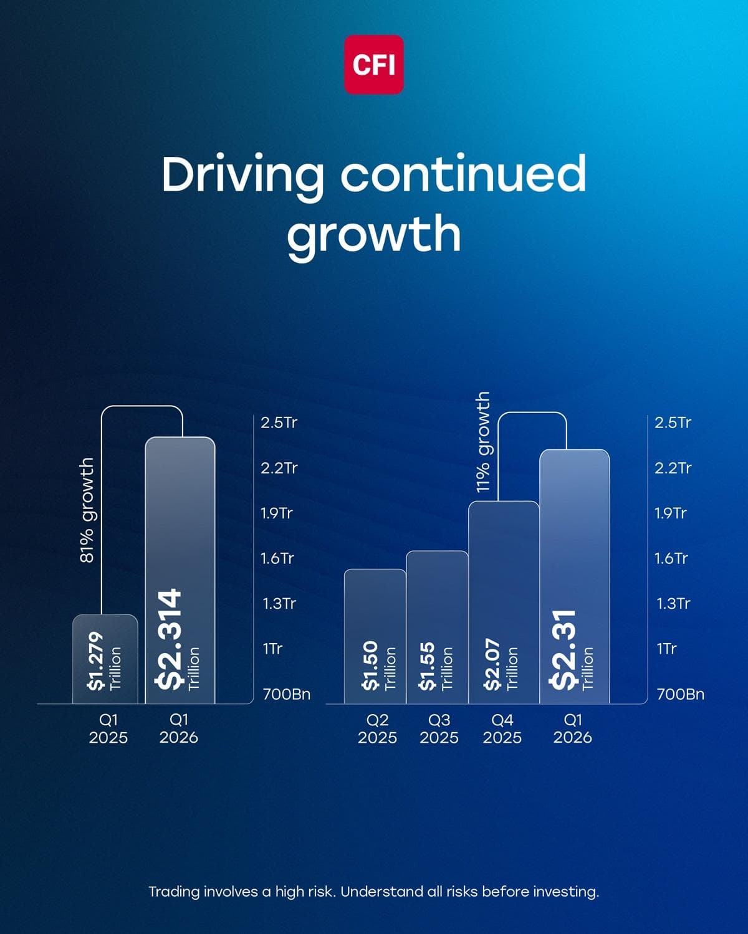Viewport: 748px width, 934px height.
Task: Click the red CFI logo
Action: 374,64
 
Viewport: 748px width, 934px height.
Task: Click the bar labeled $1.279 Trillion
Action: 105,659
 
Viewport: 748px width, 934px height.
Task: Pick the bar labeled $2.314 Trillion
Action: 180,570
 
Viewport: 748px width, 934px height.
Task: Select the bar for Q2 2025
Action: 375,636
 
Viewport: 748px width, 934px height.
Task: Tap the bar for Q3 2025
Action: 437,626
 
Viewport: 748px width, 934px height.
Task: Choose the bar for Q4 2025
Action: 503,601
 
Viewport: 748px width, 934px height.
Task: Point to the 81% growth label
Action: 87,510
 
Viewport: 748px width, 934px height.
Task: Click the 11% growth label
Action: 483,442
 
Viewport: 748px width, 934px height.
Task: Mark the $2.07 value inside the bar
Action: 492,665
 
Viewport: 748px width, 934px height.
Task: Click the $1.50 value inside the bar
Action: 370,665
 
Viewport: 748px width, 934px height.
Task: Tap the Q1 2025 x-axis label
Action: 108,729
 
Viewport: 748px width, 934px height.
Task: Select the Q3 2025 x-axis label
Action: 439,729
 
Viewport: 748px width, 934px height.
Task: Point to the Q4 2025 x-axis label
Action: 502,729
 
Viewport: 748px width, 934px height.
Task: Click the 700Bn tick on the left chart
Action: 286,694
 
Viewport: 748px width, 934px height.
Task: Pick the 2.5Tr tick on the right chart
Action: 673,422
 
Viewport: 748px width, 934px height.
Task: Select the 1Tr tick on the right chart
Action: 666,649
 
